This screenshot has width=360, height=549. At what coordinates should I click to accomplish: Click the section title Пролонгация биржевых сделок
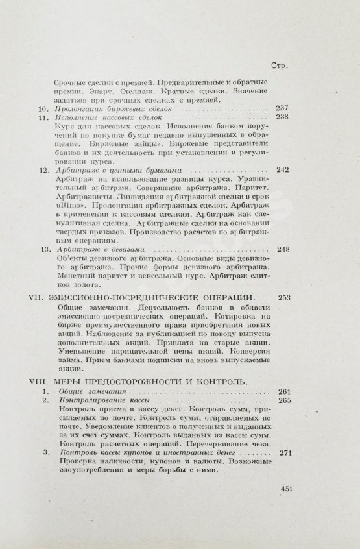109,109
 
